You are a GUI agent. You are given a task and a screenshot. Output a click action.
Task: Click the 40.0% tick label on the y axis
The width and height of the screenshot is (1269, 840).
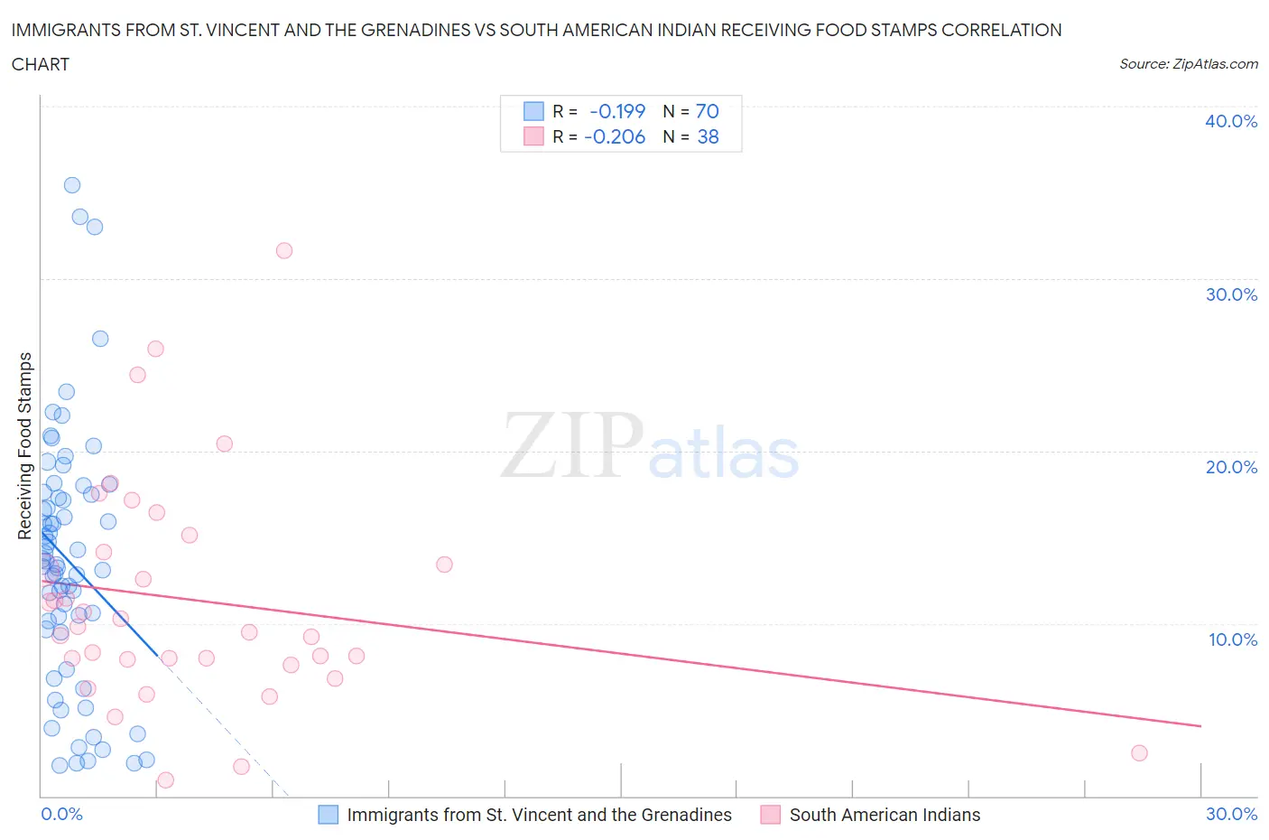pyautogui.click(x=1230, y=121)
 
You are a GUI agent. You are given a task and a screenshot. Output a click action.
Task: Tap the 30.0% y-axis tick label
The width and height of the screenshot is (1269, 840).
pyautogui.click(x=1230, y=294)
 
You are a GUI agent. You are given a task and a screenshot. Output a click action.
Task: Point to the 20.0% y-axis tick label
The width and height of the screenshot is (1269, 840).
pyautogui.click(x=1230, y=467)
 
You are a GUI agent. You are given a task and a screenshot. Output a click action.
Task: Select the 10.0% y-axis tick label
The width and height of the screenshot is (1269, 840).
pyautogui.click(x=1232, y=639)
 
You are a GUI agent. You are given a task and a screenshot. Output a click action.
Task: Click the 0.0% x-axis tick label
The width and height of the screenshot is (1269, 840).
pyautogui.click(x=61, y=814)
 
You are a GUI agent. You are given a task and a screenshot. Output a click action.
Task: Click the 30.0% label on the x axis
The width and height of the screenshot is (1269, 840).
pyautogui.click(x=1231, y=814)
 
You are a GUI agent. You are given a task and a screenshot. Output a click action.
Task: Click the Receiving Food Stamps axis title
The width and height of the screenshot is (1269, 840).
pyautogui.click(x=25, y=445)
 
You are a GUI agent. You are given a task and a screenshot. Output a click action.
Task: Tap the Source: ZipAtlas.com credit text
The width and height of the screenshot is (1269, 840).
pyautogui.click(x=1188, y=64)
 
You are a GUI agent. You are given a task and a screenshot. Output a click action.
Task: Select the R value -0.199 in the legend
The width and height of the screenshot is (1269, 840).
pyautogui.click(x=617, y=111)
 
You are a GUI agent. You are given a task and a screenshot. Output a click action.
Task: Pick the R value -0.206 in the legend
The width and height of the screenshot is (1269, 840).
pyautogui.click(x=615, y=136)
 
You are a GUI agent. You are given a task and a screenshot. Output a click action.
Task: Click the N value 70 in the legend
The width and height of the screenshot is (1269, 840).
pyautogui.click(x=707, y=111)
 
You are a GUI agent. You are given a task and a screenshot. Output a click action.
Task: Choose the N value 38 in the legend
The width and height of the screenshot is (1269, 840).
pyautogui.click(x=708, y=136)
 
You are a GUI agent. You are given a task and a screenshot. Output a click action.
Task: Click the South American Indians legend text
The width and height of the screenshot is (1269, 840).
pyautogui.click(x=885, y=815)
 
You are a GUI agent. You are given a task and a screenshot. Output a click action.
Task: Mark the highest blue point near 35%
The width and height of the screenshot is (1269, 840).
pyautogui.click(x=72, y=185)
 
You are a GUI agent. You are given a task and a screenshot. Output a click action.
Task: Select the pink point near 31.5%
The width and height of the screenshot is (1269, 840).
pyautogui.click(x=284, y=251)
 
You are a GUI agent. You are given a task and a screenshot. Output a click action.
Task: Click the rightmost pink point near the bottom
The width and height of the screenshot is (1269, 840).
pyautogui.click(x=1139, y=753)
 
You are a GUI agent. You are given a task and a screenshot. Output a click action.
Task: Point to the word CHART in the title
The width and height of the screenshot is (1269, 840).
pyautogui.click(x=41, y=64)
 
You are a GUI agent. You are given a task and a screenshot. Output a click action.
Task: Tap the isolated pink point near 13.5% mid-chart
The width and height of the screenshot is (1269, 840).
pyautogui.click(x=444, y=565)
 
